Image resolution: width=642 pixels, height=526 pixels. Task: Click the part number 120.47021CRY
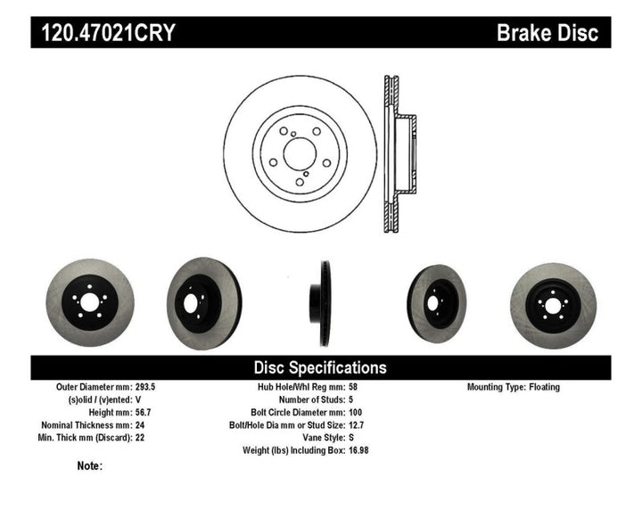(104, 34)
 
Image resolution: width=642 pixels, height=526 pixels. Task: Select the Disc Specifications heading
(320, 367)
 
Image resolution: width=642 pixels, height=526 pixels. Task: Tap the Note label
(90, 465)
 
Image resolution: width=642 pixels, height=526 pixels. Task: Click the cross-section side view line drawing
(397, 155)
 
